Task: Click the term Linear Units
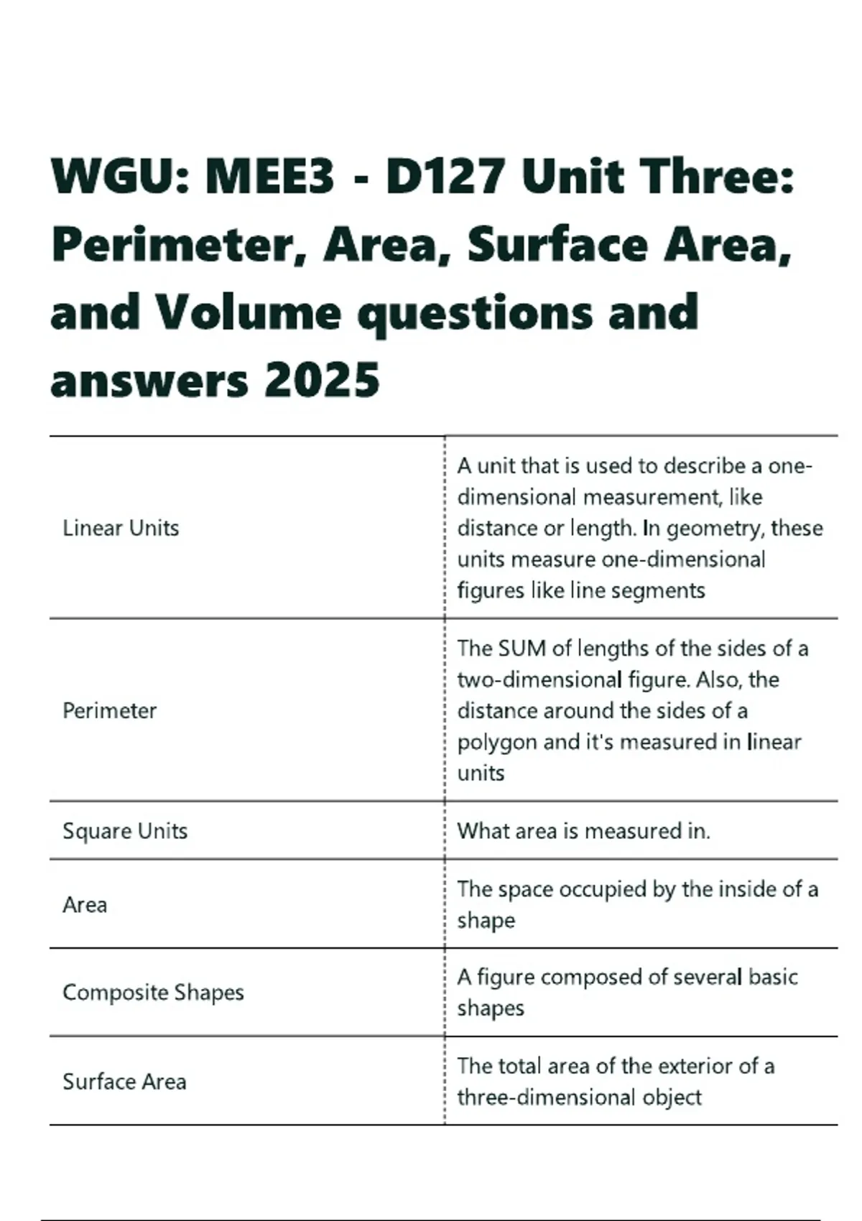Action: click(x=121, y=528)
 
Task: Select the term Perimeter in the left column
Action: click(x=109, y=710)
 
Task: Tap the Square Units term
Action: click(x=125, y=831)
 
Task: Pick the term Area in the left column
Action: click(x=85, y=904)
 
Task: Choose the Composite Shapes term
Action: click(x=153, y=993)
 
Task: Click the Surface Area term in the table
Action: click(x=124, y=1082)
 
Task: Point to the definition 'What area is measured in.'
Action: click(x=583, y=831)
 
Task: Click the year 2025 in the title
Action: click(x=322, y=380)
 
